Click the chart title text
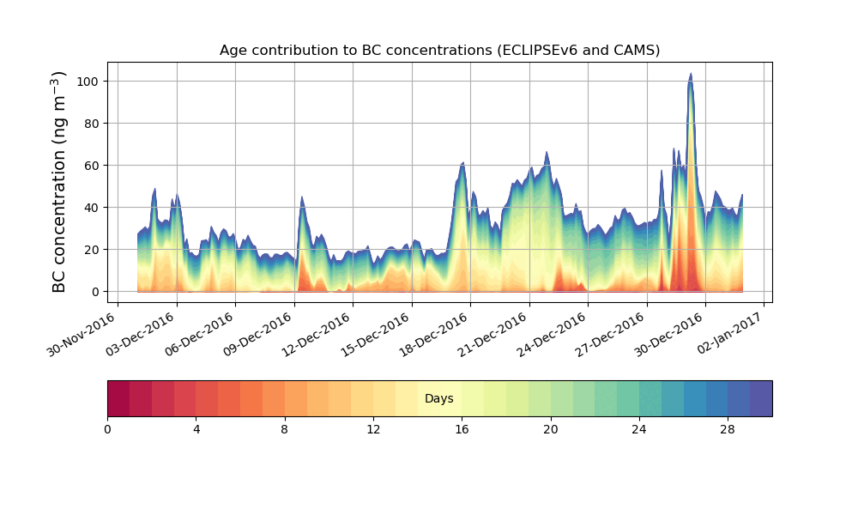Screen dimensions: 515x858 (x=439, y=50)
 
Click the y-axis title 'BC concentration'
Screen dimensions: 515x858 (x=60, y=182)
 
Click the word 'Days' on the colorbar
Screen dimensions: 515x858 (x=439, y=399)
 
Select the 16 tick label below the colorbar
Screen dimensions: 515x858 (x=462, y=429)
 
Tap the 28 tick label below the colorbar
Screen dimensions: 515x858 (x=728, y=429)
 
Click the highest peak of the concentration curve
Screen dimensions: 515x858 (x=691, y=74)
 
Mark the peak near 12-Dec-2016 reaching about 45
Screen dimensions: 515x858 (x=302, y=197)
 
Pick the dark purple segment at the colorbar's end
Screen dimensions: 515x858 (x=761, y=398)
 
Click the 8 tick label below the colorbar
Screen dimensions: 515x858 (x=285, y=429)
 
